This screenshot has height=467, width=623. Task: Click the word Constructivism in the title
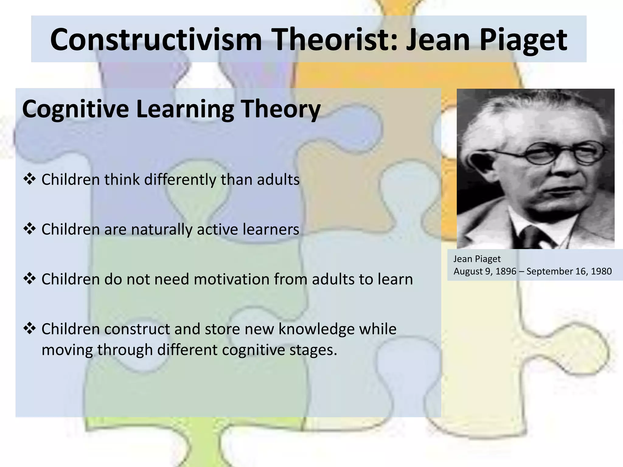click(x=156, y=40)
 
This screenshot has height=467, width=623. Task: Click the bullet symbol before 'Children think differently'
click(x=30, y=179)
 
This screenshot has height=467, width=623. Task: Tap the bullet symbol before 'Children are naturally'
click(x=30, y=229)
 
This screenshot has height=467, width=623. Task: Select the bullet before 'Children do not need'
click(x=30, y=278)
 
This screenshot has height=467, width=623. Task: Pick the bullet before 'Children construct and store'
click(x=30, y=328)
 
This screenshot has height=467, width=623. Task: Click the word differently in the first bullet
click(x=180, y=180)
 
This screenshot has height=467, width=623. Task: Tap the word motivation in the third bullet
click(x=231, y=279)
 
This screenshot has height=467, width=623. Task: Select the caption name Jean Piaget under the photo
click(x=477, y=259)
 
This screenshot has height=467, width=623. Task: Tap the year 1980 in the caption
click(x=601, y=271)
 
